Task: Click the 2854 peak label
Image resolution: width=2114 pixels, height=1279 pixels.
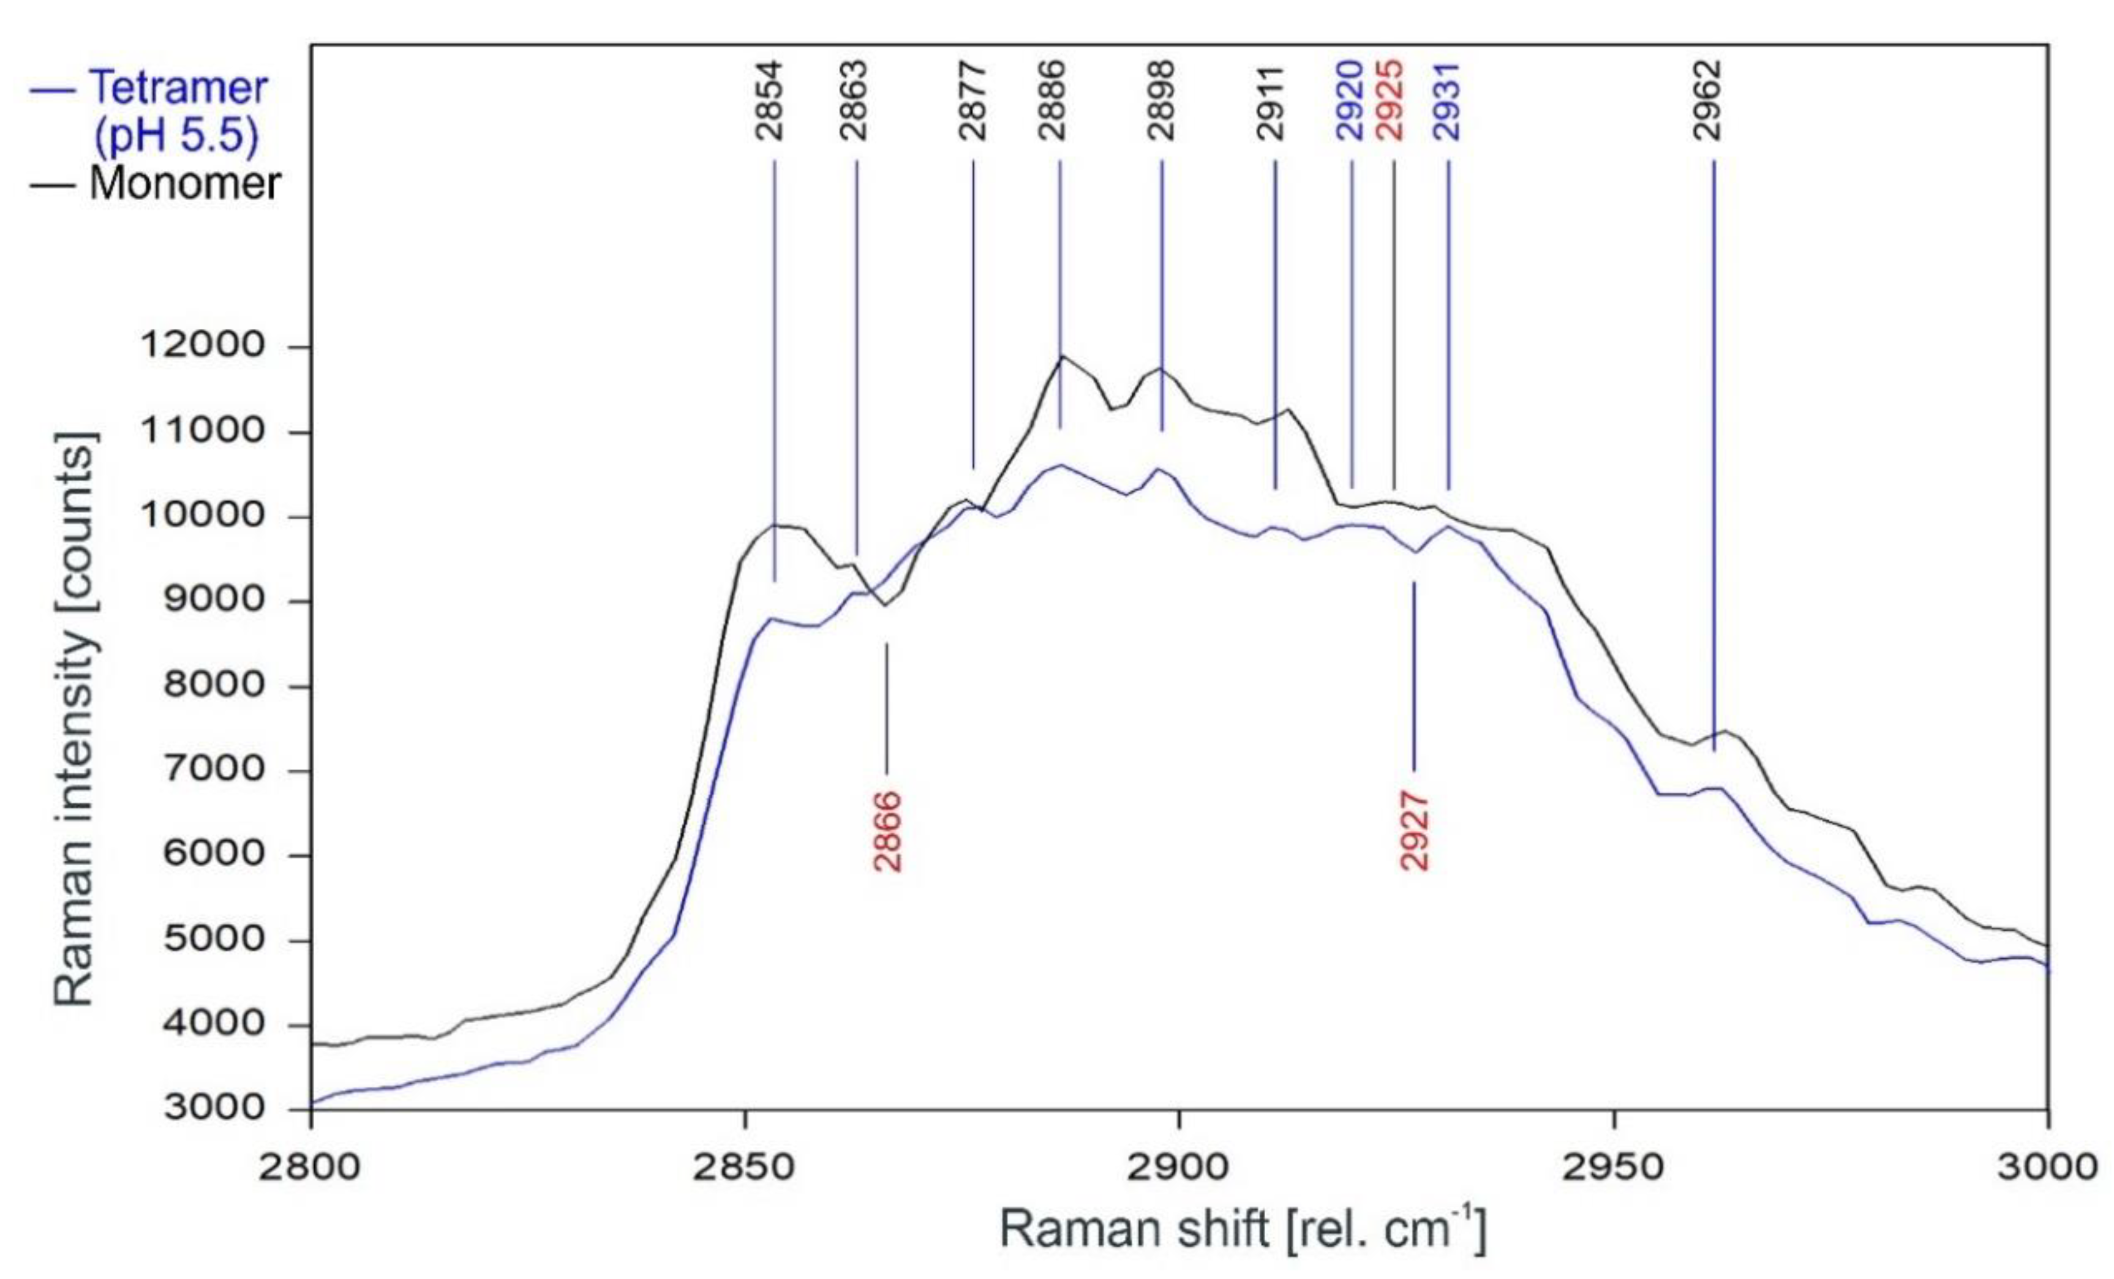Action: point(770,100)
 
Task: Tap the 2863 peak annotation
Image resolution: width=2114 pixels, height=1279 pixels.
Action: point(854,100)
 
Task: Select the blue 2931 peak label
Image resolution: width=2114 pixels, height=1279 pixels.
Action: point(1447,100)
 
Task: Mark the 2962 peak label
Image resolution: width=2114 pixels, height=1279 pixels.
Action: point(1710,100)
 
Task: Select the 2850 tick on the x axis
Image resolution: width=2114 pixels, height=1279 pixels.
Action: point(745,1168)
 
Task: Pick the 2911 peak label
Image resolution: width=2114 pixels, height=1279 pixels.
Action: point(1271,100)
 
